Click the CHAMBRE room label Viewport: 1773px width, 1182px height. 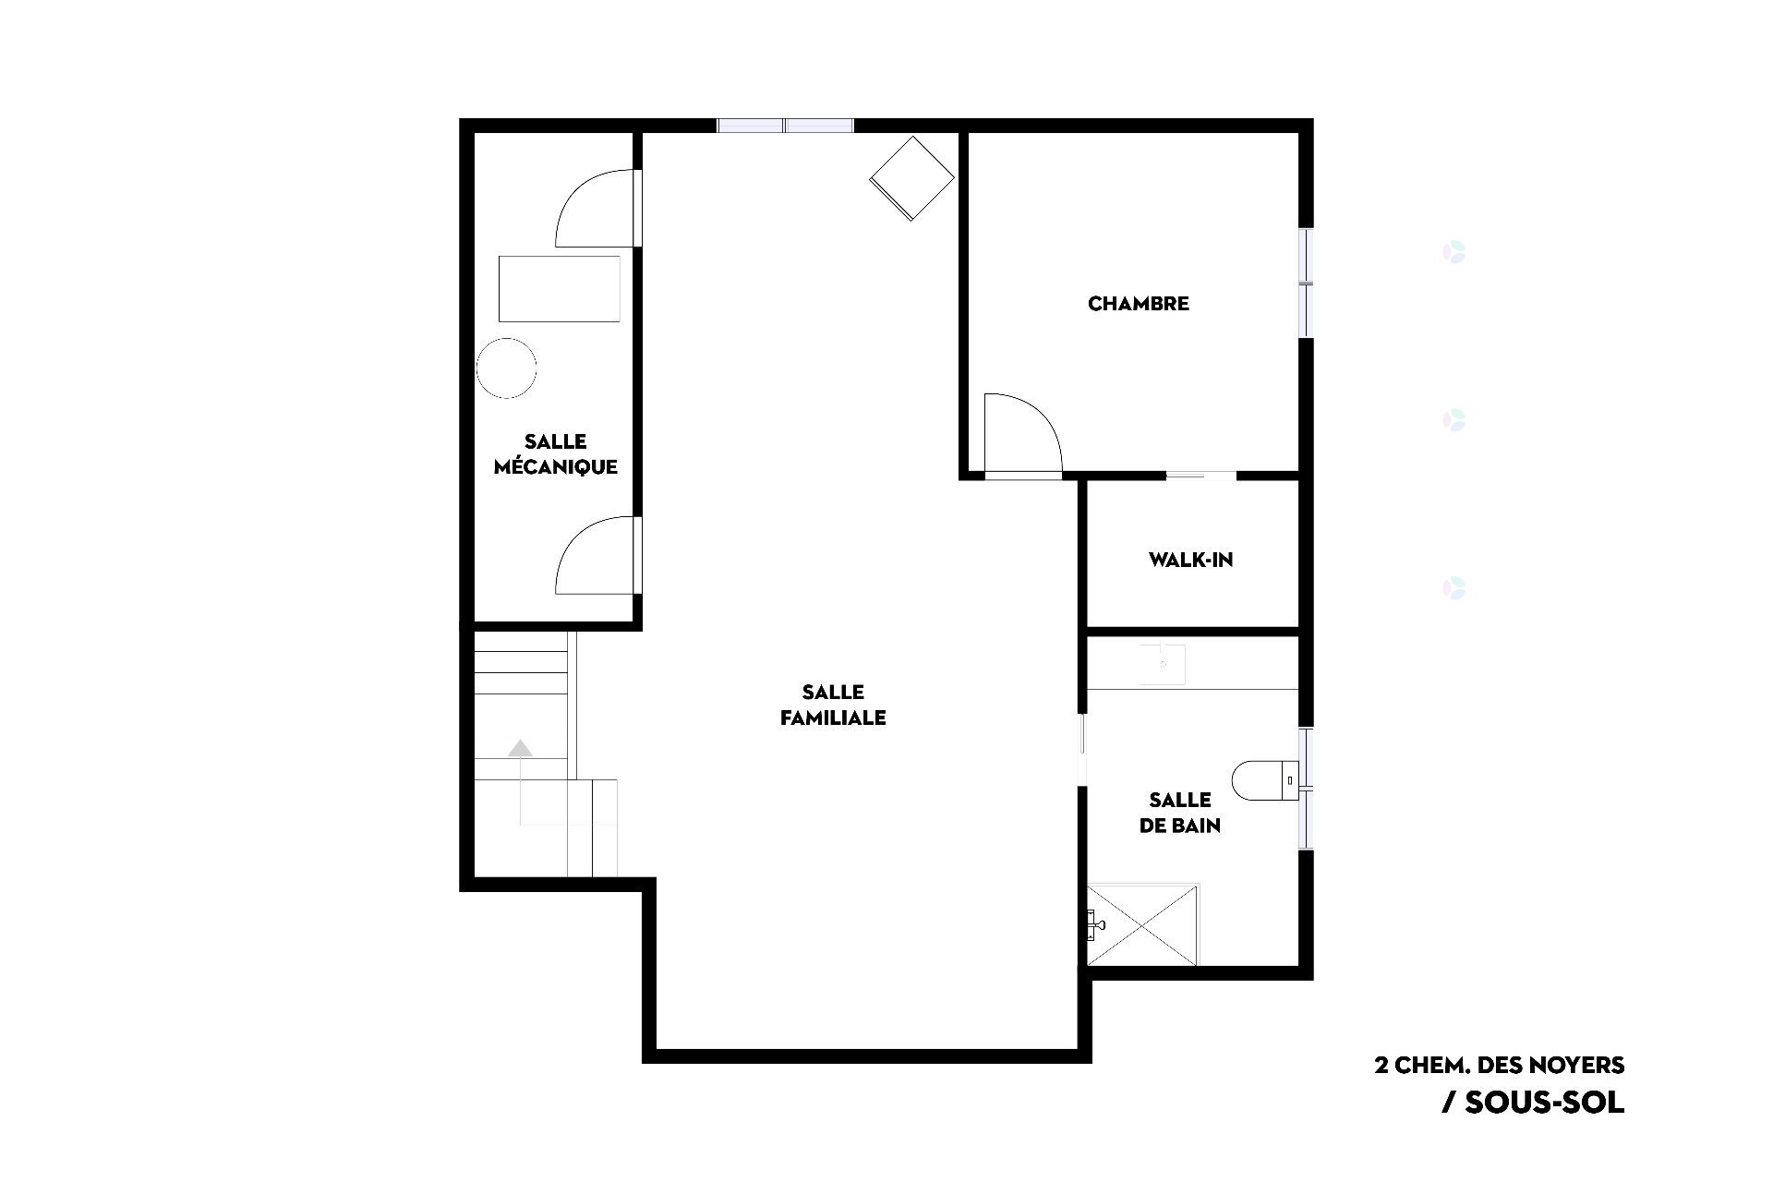click(1138, 304)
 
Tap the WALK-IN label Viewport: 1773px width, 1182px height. click(1190, 560)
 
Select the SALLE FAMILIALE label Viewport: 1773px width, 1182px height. click(833, 705)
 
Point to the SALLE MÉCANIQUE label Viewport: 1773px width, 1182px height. click(556, 454)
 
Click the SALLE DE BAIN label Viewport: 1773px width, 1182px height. click(1180, 813)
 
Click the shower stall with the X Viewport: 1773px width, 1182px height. click(1142, 925)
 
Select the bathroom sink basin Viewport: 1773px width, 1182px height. click(1162, 665)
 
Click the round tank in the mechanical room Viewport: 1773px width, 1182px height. click(506, 368)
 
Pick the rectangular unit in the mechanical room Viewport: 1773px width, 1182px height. click(560, 289)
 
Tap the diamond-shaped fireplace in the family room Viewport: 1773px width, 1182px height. click(911, 178)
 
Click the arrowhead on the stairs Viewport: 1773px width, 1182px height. click(521, 748)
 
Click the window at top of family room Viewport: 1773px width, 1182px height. click(785, 126)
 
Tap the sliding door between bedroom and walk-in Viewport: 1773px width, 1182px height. click(1200, 476)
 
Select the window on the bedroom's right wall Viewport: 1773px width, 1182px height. click(1306, 283)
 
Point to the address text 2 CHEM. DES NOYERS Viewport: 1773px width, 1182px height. click(1500, 1065)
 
